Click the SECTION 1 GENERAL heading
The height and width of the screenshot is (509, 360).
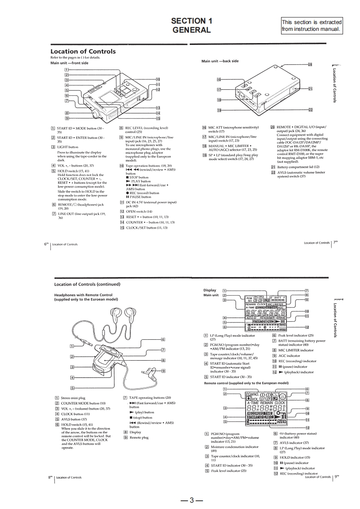click(191, 25)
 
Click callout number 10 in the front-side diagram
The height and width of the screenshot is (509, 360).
click(158, 78)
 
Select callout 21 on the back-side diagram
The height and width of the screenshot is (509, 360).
click(311, 89)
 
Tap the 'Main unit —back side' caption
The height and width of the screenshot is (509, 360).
click(220, 61)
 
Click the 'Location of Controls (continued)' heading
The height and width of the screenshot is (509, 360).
click(87, 284)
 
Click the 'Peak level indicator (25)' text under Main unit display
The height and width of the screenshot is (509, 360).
click(296, 335)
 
